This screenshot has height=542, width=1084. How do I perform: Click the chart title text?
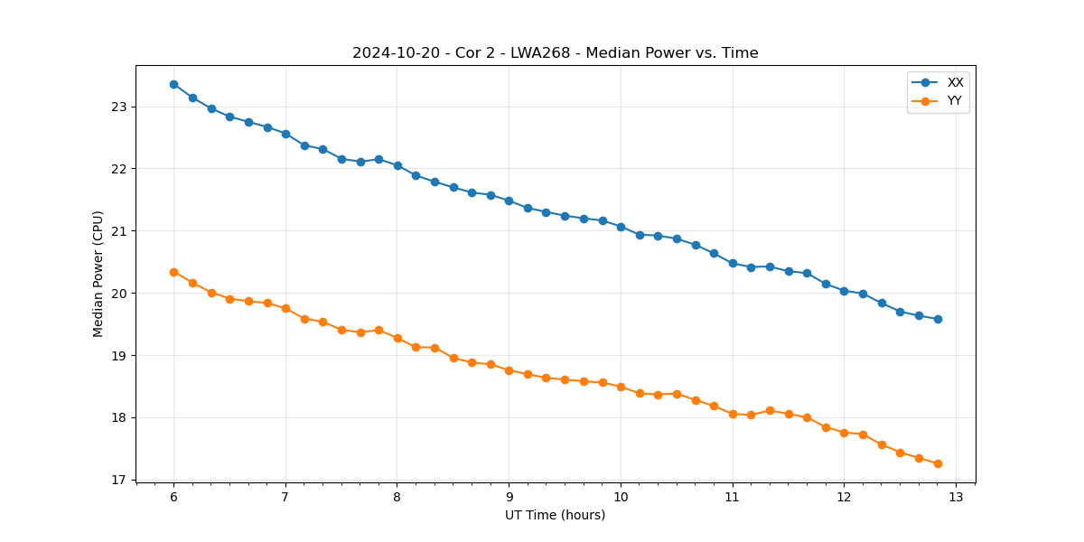(x=555, y=53)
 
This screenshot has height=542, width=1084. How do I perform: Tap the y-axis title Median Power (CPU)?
(x=98, y=274)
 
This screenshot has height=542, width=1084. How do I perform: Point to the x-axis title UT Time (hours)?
(x=555, y=516)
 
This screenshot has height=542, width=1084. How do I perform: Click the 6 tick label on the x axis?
(x=173, y=498)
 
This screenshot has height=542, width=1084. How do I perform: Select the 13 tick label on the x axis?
(x=956, y=498)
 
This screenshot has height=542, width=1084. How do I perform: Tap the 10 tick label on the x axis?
(x=621, y=498)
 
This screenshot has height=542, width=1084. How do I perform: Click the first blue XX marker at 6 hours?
(x=173, y=84)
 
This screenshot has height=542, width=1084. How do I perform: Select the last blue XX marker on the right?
(x=938, y=319)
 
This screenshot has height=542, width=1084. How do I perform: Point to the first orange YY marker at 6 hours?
(x=173, y=272)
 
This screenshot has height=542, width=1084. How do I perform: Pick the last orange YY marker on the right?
(x=938, y=463)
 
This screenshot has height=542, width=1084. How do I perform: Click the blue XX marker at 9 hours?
(x=509, y=201)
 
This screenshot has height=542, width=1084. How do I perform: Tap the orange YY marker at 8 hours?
(x=397, y=338)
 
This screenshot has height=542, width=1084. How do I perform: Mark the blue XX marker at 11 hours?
(x=733, y=263)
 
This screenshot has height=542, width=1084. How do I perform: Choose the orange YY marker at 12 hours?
(x=844, y=433)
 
